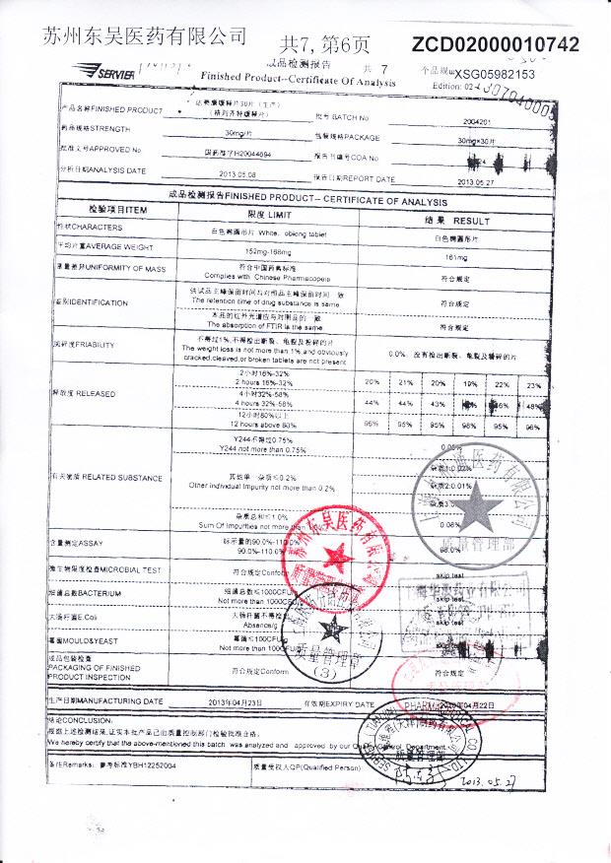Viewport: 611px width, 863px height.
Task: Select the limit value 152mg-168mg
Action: [260, 254]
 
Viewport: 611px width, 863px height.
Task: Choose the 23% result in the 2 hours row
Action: [534, 383]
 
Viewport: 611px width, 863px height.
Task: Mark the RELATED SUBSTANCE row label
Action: [108, 478]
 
